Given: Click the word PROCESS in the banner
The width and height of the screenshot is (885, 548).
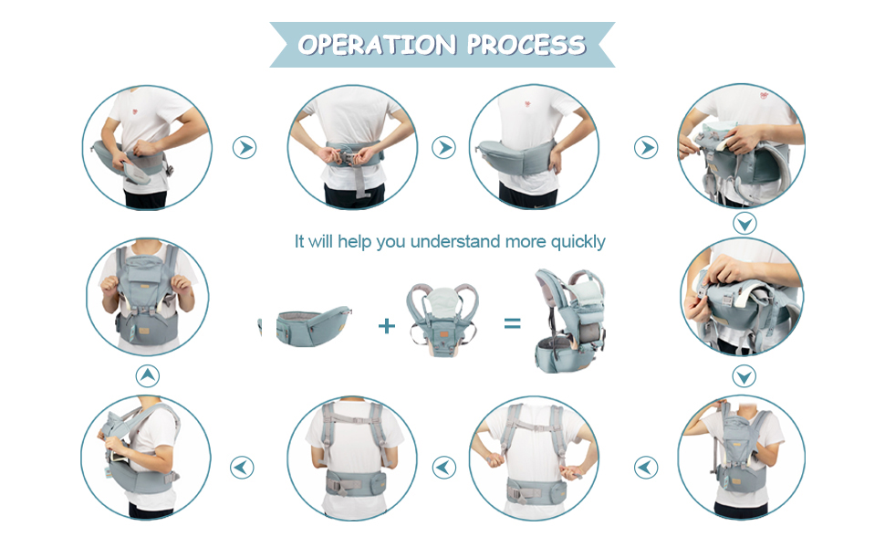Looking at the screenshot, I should (526, 45).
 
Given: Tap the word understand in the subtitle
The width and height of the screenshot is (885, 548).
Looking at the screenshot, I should (454, 242).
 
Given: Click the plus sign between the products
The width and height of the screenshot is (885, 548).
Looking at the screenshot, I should (387, 324).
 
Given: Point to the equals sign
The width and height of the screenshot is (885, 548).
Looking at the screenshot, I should (512, 323).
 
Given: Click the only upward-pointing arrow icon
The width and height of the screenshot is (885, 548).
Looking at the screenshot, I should (147, 375).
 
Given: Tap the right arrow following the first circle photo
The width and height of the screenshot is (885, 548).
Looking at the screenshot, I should (244, 148).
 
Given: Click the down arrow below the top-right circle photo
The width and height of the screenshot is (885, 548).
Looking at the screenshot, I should (744, 223).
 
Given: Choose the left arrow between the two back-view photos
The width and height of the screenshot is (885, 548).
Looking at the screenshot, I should (443, 468).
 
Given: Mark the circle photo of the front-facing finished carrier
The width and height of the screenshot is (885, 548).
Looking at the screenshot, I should (147, 297).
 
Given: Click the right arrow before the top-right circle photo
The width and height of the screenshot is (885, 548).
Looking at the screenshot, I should (646, 148).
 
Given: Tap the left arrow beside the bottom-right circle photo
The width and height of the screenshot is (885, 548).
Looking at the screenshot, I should (646, 468).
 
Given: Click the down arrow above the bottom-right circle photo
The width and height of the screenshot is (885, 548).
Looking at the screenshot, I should (744, 375).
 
